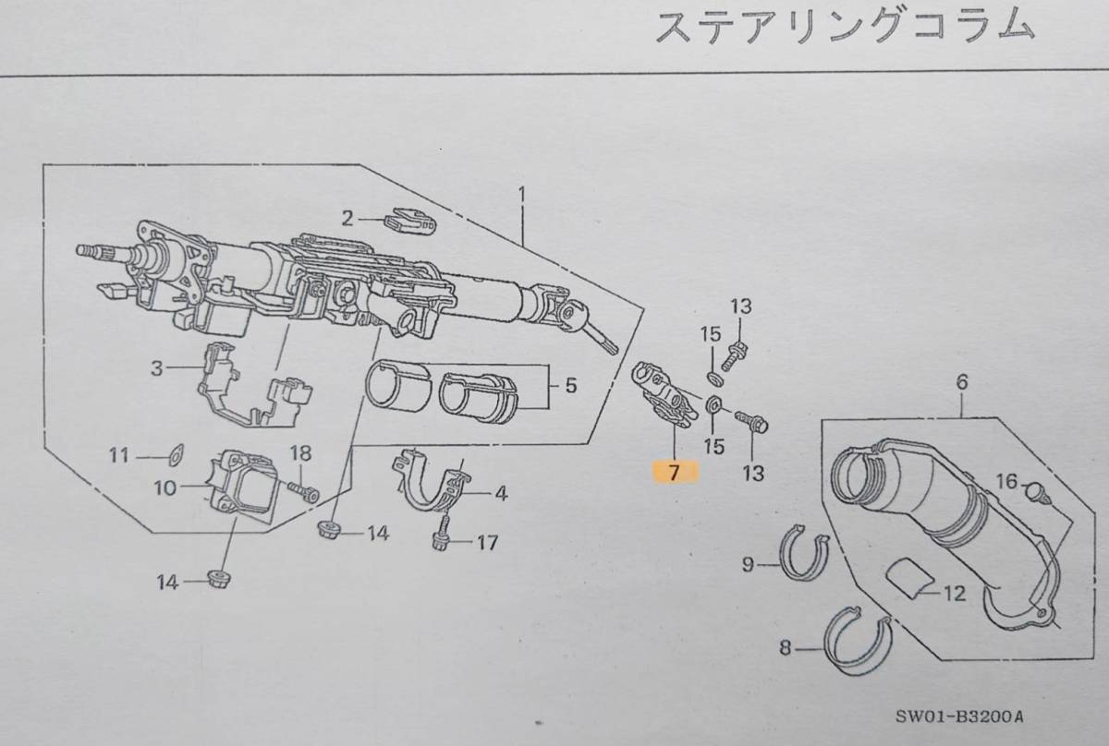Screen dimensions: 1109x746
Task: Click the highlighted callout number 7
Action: (x=674, y=473)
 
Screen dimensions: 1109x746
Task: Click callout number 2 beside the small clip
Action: (x=347, y=219)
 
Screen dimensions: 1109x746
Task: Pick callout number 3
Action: (x=158, y=368)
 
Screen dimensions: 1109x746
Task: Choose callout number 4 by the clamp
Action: (x=500, y=494)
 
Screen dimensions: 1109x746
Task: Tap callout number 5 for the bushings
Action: (x=570, y=385)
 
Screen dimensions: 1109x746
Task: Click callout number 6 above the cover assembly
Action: (x=961, y=379)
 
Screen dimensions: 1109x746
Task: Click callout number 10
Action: (x=165, y=487)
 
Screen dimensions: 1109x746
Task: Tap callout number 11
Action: (x=119, y=455)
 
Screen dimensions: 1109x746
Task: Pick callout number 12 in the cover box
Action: (x=955, y=594)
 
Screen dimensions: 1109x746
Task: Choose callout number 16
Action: (x=1005, y=480)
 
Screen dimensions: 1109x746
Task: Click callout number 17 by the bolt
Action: (x=487, y=543)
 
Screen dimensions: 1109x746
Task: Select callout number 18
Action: (x=300, y=452)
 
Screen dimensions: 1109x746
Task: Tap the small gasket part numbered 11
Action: (x=173, y=454)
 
